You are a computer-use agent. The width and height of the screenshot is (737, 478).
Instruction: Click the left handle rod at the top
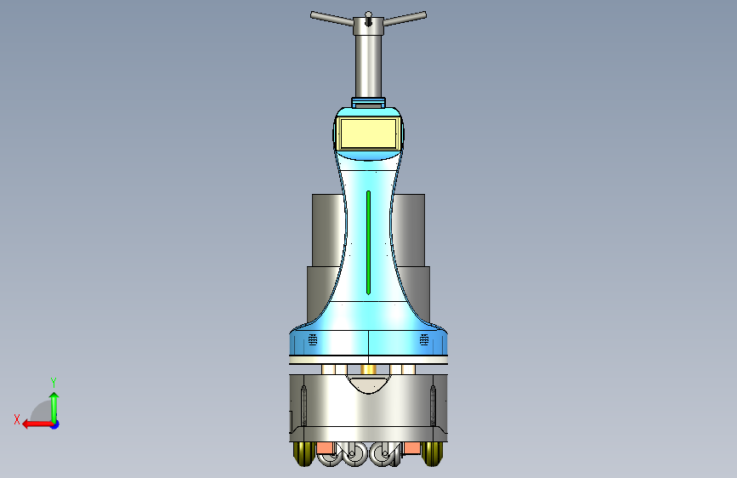click(x=332, y=19)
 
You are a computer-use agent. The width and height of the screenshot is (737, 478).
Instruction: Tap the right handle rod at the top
click(x=405, y=19)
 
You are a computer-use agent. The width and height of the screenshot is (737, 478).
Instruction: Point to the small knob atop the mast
click(x=369, y=14)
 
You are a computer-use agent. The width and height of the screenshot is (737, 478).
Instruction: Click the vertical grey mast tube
click(x=369, y=65)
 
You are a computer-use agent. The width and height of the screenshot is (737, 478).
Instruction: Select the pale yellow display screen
click(x=369, y=134)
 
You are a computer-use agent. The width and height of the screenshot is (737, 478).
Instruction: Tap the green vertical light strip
click(x=369, y=242)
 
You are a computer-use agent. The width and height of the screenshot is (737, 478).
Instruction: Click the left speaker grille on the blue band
click(x=313, y=339)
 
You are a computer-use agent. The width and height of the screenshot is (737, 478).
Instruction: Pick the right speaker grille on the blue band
click(x=424, y=339)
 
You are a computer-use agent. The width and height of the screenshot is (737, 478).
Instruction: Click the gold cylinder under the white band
click(x=369, y=369)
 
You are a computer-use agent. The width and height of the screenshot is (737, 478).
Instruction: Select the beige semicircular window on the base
click(x=369, y=383)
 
